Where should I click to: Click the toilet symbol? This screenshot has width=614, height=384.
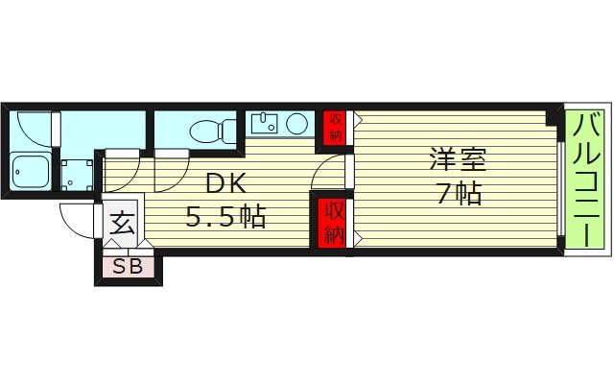213,130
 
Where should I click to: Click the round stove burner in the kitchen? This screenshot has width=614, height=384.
297,123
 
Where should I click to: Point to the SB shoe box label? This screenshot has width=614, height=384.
128,267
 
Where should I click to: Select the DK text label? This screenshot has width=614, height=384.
224,182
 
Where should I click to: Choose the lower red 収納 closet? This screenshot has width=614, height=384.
333,221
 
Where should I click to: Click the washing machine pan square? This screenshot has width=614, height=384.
77,173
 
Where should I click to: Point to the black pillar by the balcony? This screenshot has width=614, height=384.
554,116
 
